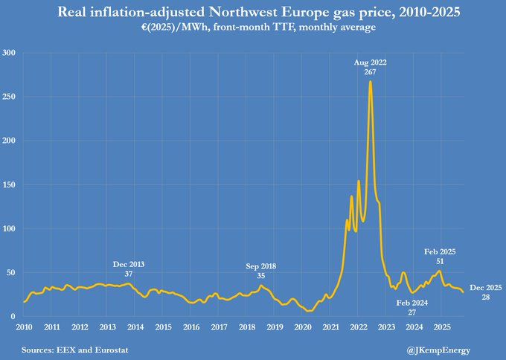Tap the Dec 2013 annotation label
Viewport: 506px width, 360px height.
point(129,269)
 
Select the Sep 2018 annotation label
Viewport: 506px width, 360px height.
point(260,271)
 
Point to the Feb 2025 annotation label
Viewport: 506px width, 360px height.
point(439,257)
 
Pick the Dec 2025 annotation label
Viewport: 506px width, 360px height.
point(486,292)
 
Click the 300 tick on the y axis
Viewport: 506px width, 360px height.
point(9,53)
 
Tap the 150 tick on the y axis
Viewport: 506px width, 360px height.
point(9,184)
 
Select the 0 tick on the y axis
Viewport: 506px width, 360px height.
point(13,317)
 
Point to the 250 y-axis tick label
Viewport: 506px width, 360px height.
point(9,97)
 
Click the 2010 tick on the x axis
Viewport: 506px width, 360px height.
point(24,327)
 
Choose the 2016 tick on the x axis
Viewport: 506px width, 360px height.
point(191,327)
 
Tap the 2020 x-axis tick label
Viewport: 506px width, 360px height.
point(302,327)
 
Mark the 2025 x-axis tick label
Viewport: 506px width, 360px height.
point(441,327)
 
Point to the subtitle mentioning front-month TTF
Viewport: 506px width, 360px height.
point(253,27)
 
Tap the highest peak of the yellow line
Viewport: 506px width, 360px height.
point(370,82)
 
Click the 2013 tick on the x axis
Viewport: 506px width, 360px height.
point(107,327)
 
